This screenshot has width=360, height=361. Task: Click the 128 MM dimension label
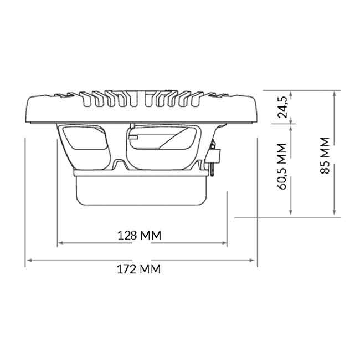140,235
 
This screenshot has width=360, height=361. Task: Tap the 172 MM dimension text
139,269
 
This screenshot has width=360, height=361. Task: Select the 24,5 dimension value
282,107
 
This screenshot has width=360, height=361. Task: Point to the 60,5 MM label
281,166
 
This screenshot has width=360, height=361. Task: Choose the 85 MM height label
325,155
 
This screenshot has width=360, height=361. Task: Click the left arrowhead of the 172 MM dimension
29,261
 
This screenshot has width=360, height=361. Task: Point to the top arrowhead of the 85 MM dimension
334,94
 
